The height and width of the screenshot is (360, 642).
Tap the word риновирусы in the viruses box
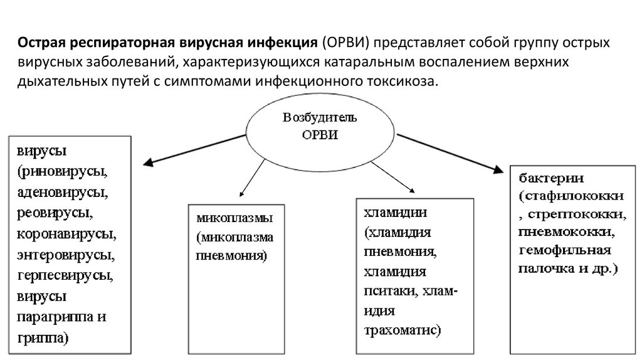[66, 171]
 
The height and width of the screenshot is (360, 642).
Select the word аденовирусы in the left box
[60, 191]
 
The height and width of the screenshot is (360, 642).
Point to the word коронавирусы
[66, 235]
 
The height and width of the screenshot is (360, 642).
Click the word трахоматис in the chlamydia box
[401, 330]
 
